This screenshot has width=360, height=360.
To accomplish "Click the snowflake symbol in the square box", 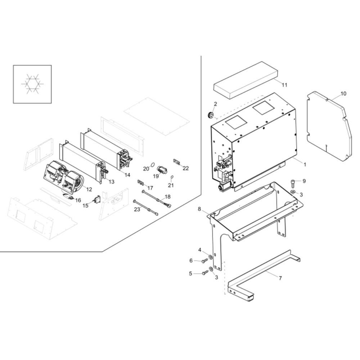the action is point(32,84).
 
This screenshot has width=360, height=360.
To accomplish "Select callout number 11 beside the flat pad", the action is point(284,85).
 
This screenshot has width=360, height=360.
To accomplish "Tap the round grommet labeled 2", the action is point(211,115).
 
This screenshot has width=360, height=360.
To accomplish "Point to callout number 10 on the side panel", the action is point(343,94).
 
